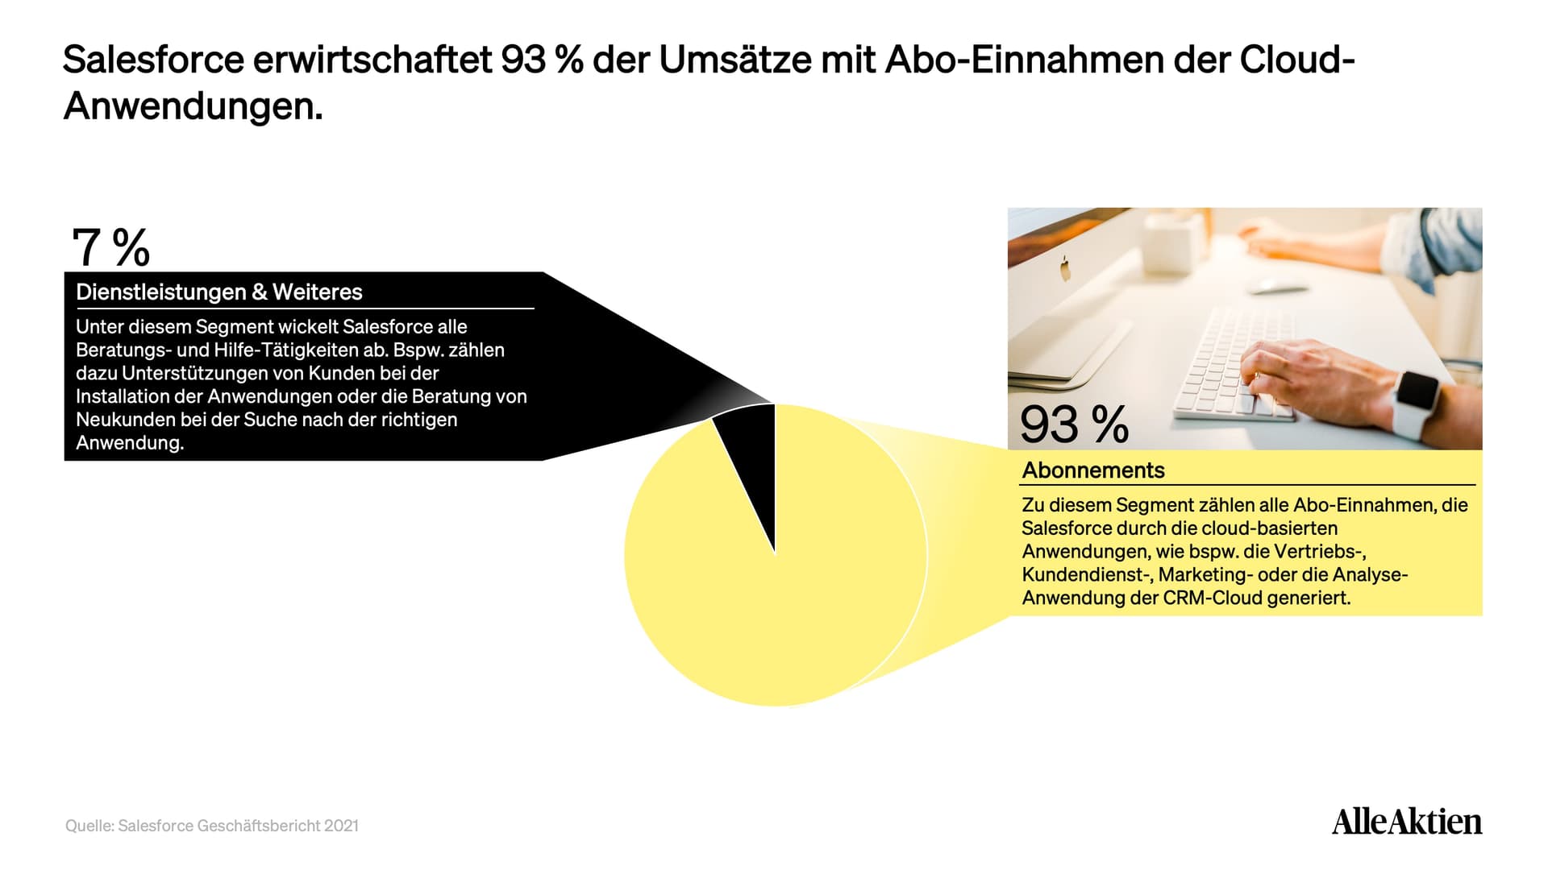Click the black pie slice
click(x=754, y=459)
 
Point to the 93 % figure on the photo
click(x=1074, y=424)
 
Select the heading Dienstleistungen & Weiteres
click(x=219, y=292)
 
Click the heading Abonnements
click(x=1093, y=470)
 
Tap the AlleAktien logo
click(x=1407, y=821)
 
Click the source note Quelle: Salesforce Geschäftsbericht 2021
click(x=212, y=826)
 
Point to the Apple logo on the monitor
click(x=1065, y=269)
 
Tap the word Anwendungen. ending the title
click(x=193, y=106)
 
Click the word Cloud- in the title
click(x=1297, y=60)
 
